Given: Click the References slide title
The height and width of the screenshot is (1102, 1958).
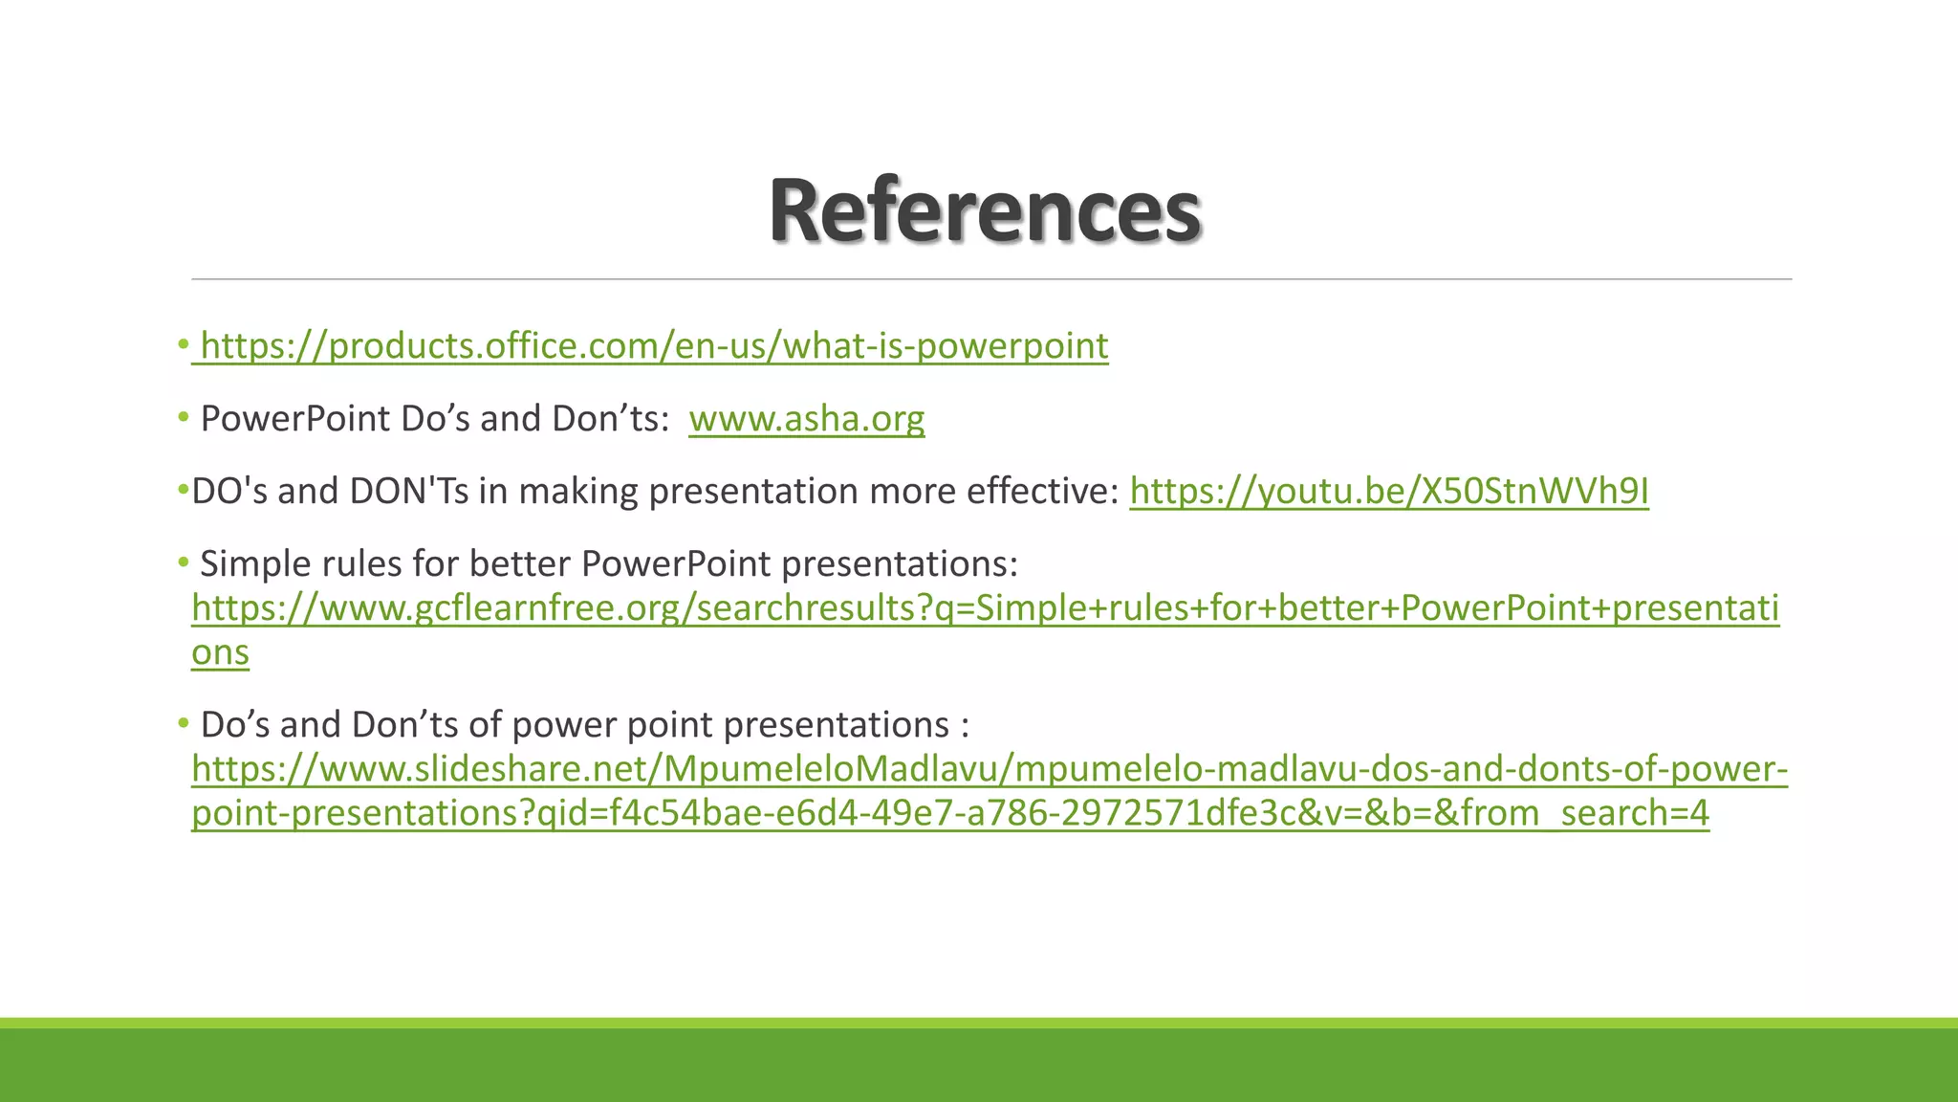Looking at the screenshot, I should click(x=985, y=210).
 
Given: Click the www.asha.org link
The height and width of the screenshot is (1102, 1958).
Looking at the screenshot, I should click(x=806, y=419).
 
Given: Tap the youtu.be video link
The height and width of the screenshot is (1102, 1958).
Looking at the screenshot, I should click(x=1388, y=492).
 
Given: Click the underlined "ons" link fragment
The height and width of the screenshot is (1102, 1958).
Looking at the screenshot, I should click(x=220, y=652).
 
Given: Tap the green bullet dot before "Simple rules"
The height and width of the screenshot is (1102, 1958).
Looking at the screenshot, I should click(x=183, y=562).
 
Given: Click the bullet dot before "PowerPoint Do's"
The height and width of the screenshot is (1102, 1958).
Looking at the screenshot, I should click(x=183, y=417).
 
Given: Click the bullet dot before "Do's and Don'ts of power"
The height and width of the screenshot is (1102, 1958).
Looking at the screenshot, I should click(x=183, y=723).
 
